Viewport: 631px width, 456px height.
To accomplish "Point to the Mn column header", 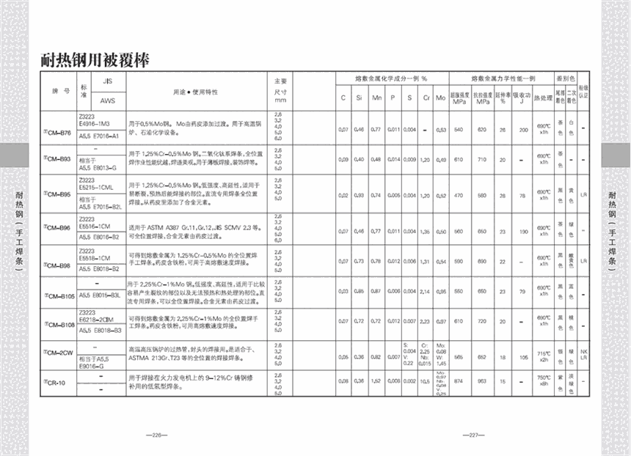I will (376, 98).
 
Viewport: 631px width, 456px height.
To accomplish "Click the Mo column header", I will (441, 98).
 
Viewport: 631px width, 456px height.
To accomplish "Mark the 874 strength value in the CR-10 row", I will (459, 382).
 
